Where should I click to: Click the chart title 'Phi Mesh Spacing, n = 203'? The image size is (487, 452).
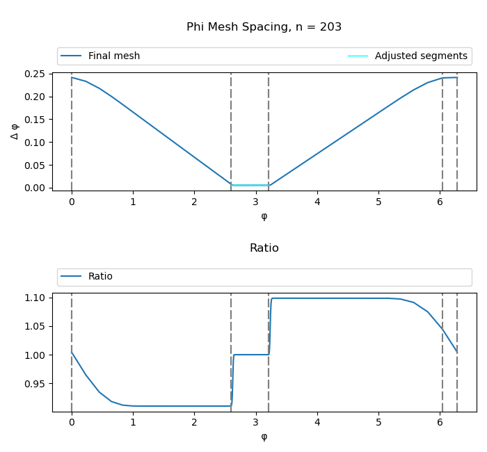(264, 27)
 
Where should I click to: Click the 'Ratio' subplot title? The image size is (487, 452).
(264, 248)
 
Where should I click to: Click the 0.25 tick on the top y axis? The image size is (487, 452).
(35, 74)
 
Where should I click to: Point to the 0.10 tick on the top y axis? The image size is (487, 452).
(35, 142)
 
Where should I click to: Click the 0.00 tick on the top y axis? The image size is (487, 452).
(35, 188)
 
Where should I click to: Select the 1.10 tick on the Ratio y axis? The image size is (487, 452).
(35, 298)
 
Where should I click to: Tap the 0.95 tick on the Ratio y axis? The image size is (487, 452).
(35, 384)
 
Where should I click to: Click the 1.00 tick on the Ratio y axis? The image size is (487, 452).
(35, 355)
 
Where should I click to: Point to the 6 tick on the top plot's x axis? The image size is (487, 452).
(440, 202)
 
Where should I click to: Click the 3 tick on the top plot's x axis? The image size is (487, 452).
(256, 202)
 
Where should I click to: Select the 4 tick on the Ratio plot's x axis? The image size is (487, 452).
(317, 423)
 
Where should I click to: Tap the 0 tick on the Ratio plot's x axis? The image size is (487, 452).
(72, 423)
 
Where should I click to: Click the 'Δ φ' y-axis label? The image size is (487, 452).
(15, 131)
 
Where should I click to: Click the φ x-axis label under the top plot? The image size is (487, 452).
(264, 216)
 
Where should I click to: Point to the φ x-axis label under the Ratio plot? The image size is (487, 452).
(264, 437)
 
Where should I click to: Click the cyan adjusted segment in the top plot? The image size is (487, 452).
(250, 185)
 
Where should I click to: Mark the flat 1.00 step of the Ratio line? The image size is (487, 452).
(251, 355)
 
